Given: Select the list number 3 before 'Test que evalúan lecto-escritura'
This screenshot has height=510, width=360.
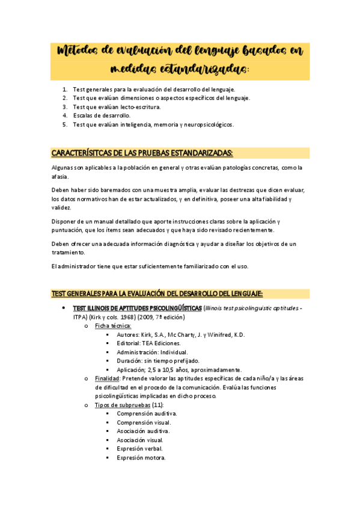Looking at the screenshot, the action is click(65, 106).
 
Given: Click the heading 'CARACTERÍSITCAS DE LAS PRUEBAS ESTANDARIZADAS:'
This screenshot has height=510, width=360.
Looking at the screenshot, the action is click(142, 153).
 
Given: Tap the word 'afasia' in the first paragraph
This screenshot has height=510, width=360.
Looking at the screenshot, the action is click(61, 177).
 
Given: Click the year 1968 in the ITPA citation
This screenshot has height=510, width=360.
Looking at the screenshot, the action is click(135, 317).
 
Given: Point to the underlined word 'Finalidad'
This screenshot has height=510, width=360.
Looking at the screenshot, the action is click(108, 378).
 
